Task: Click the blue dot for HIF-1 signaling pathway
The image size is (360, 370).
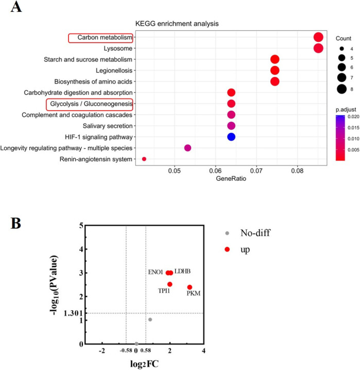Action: [231, 137]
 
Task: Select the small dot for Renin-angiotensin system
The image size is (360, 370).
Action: [144, 159]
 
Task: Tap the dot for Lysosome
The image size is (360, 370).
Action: [318, 48]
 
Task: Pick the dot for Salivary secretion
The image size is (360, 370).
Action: [231, 126]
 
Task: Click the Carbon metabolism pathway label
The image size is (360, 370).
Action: [105, 38]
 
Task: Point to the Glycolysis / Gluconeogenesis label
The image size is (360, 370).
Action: [91, 104]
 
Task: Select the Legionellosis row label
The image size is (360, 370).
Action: [114, 71]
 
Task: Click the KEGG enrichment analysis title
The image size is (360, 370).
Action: [177, 24]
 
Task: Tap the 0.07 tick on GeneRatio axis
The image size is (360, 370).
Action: [256, 171]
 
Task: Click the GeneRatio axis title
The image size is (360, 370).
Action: [231, 179]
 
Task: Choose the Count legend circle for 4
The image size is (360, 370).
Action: [341, 49]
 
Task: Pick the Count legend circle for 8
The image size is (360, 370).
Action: [341, 89]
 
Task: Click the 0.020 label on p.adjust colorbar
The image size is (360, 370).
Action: [353, 116]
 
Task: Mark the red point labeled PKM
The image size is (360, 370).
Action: [190, 287]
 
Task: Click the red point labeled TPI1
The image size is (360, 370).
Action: [170, 284]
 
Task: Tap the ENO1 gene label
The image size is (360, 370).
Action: [156, 272]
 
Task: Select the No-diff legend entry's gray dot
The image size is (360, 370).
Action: [227, 233]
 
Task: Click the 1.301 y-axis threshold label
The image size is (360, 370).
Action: [73, 313]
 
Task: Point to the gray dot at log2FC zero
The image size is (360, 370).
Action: [136, 344]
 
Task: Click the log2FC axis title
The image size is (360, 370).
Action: [144, 364]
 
